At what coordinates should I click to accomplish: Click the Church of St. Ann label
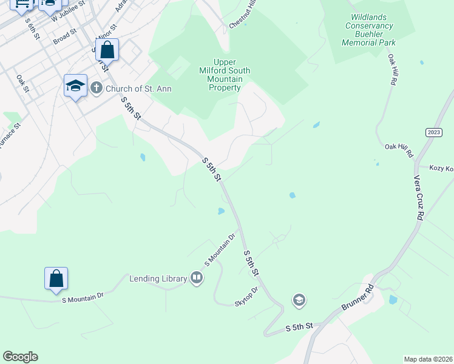click(138, 89)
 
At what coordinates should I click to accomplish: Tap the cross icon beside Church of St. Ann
click(97, 89)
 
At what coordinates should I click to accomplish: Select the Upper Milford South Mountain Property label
click(225, 75)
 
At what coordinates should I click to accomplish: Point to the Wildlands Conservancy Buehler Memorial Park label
click(369, 30)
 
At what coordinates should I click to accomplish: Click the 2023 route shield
click(434, 132)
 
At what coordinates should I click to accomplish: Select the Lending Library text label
click(158, 278)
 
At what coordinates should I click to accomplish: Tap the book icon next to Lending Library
click(197, 278)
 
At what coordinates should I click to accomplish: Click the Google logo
click(20, 357)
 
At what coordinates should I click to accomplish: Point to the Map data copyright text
click(429, 359)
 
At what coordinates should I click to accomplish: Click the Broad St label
click(65, 38)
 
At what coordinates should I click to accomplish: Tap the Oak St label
click(23, 83)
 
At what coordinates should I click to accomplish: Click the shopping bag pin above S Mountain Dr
click(56, 279)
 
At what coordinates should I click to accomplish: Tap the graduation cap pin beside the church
click(75, 86)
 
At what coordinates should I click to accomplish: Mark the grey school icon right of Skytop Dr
click(299, 300)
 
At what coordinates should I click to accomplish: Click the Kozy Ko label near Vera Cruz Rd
click(441, 168)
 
